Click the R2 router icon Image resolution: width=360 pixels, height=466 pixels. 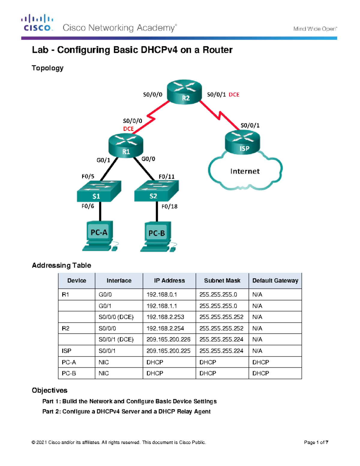pyautogui.click(x=184, y=92)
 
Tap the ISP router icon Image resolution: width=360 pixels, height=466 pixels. pyautogui.click(x=242, y=143)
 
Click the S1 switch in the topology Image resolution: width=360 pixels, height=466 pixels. pyautogui.click(x=99, y=191)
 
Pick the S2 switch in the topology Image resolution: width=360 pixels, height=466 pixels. pyautogui.click(x=156, y=191)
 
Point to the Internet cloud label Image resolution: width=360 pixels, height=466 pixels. pyautogui.click(x=245, y=171)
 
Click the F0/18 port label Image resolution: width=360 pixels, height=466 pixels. pyautogui.click(x=169, y=206)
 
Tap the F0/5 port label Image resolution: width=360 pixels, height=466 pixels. pyautogui.click(x=88, y=176)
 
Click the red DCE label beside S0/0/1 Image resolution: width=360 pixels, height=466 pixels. pyautogui.click(x=234, y=95)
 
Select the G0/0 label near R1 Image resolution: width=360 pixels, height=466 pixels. pyautogui.click(x=148, y=159)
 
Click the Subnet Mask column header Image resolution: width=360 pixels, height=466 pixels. pyautogui.click(x=222, y=281)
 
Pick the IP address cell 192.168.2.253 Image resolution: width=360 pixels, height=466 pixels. pyautogui.click(x=165, y=317)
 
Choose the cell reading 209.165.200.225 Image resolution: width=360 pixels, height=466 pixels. pyautogui.click(x=168, y=351)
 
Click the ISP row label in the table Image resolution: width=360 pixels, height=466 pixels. pyautogui.click(x=67, y=351)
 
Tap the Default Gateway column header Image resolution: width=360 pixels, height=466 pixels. pyautogui.click(x=275, y=281)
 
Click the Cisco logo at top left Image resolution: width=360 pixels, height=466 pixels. pyautogui.click(x=37, y=23)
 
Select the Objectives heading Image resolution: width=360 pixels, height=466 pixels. pyautogui.click(x=49, y=390)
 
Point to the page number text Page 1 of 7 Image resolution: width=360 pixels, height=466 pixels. pyautogui.click(x=316, y=442)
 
